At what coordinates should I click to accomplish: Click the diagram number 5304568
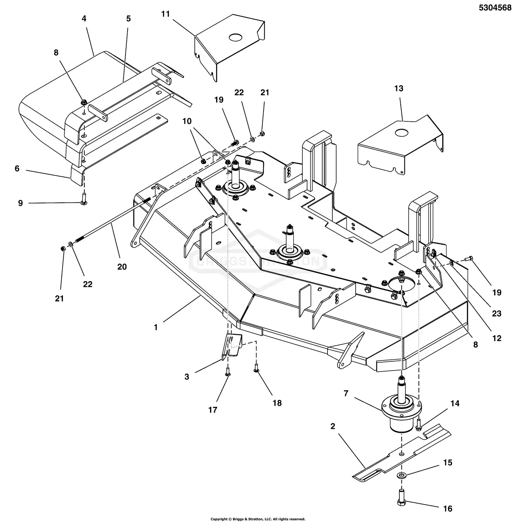pos(495,8)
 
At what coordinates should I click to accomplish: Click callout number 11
pos(165,14)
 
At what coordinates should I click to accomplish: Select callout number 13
pos(398,88)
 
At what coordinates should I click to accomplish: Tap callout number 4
pos(84,19)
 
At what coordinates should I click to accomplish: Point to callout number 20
pos(122,266)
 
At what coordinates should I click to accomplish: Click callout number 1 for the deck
pos(156,327)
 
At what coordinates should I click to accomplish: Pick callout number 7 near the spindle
pos(346,393)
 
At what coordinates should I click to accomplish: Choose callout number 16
pos(448,508)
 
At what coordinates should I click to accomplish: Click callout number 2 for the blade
pos(333,426)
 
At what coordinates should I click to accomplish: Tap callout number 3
pos(187,377)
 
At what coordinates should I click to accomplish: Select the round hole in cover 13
pos(400,132)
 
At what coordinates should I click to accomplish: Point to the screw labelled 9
pos(84,201)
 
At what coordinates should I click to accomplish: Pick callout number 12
pos(496,338)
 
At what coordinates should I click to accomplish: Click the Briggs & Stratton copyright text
pos(258,519)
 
